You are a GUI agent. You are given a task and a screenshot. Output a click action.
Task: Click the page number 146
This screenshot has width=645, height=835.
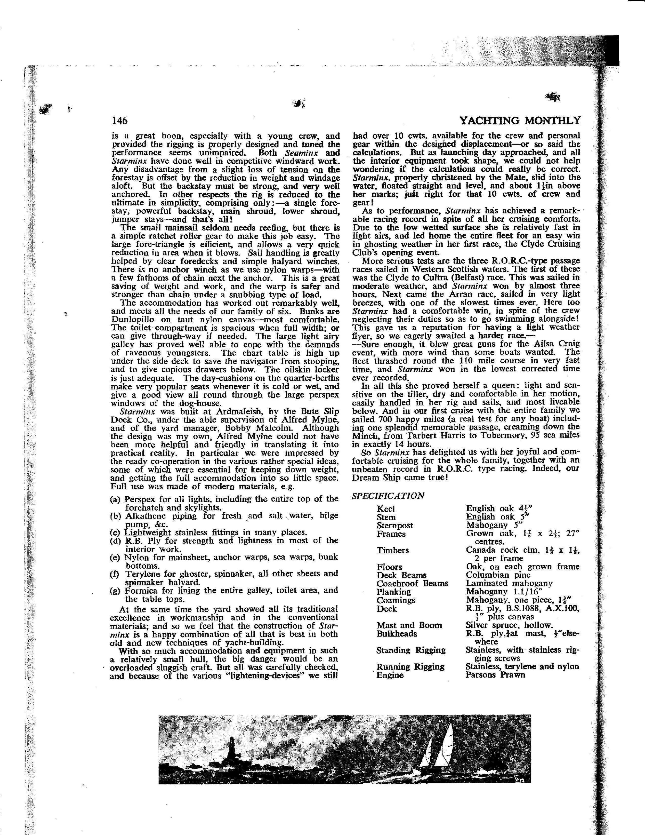tap(119, 121)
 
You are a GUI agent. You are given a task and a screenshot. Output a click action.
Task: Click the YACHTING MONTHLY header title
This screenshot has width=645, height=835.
tap(520, 121)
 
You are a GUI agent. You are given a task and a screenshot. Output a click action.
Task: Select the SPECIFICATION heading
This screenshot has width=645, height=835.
tap(388, 496)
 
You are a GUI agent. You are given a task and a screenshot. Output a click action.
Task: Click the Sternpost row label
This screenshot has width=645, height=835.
tap(395, 525)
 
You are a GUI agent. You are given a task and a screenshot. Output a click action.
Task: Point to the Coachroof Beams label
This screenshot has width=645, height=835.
tap(412, 583)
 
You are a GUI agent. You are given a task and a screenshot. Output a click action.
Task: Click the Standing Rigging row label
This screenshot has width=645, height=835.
tap(411, 650)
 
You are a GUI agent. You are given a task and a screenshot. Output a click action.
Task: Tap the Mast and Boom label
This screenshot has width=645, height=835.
tap(409, 625)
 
